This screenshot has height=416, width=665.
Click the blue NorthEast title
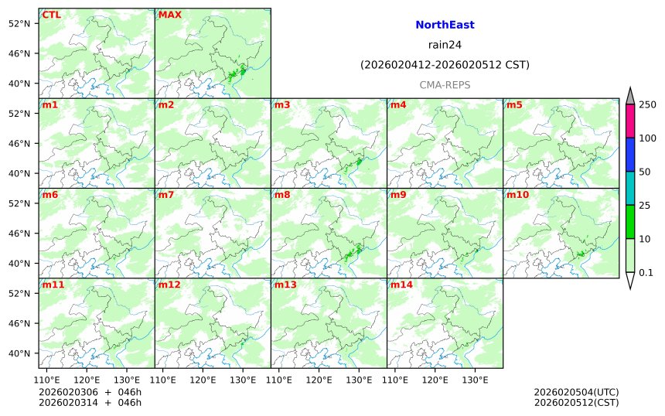[x=445, y=25]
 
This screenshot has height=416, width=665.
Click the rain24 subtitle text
[x=445, y=45]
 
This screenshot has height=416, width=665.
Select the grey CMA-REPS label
[x=445, y=85]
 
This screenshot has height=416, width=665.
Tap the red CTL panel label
[x=52, y=15]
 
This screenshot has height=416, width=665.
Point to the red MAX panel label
[x=169, y=15]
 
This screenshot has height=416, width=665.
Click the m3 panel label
[x=282, y=105]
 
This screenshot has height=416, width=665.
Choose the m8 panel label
[x=282, y=195]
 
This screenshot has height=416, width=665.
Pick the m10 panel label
[x=517, y=195]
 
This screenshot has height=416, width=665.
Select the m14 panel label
[x=401, y=285]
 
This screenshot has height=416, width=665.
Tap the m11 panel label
[x=53, y=285]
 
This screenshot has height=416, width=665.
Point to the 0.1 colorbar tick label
[x=646, y=272]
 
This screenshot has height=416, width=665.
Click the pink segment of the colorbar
[x=630, y=121]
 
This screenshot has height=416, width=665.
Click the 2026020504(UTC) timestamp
[x=575, y=392]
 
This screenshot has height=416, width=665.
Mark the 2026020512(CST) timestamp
[x=575, y=402]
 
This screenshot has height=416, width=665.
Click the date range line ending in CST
[x=445, y=65]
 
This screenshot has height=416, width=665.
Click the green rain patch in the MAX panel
[x=237, y=74]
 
